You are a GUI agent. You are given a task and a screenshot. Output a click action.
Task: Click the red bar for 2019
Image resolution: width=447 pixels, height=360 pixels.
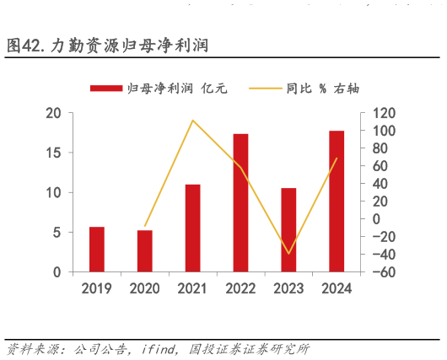coord(97,250)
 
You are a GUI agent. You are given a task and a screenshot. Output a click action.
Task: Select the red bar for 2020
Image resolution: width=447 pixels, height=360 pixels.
coord(145,251)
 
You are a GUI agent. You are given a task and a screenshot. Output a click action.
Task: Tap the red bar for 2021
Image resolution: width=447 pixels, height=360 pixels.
coord(192,228)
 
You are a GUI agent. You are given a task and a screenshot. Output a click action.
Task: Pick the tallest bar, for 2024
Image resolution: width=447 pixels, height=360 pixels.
coord(337,201)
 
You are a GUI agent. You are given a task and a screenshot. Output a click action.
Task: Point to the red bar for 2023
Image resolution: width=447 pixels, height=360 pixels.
coord(288,229)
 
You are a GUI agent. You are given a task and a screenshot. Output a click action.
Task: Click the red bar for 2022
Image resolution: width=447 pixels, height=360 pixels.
coord(240,202)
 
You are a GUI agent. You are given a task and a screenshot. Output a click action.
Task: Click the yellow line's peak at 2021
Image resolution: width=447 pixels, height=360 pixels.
coord(192,120)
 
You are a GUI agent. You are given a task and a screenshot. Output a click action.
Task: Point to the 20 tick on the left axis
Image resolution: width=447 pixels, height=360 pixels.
coord(54,113)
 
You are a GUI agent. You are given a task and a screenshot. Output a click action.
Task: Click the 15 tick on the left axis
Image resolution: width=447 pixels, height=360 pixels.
coord(54,153)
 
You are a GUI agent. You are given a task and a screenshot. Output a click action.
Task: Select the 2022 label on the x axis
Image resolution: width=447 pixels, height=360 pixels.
coord(240,289)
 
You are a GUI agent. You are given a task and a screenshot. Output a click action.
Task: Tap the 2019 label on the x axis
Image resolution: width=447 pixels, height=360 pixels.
coord(97,289)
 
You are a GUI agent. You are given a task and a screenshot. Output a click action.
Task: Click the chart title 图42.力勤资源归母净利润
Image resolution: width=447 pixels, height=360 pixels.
coord(108,45)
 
